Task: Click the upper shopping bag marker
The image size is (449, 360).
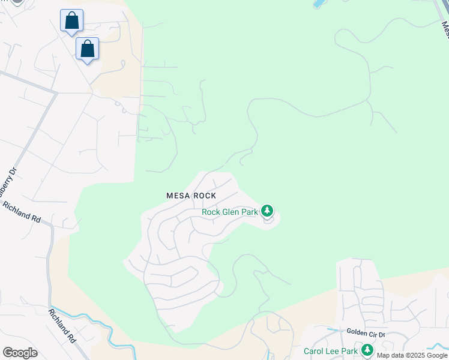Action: tap(71, 21)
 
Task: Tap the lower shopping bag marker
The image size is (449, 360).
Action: tap(87, 49)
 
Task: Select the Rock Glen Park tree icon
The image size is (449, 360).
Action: tap(267, 211)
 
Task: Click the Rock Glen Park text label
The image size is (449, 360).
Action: tap(229, 212)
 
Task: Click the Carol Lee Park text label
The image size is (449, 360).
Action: tap(331, 351)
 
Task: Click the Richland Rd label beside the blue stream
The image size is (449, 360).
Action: tap(62, 326)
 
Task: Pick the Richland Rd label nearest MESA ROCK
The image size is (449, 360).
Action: tap(22, 212)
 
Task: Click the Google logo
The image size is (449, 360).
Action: tap(20, 353)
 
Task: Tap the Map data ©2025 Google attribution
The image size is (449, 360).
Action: tap(412, 355)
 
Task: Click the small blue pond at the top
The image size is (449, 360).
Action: tap(318, 4)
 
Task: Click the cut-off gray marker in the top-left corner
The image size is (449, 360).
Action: tap(16, 2)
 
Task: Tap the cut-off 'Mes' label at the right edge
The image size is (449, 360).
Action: tap(445, 30)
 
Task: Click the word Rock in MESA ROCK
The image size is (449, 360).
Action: tap(204, 196)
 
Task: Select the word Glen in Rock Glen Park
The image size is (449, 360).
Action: tap(231, 212)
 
